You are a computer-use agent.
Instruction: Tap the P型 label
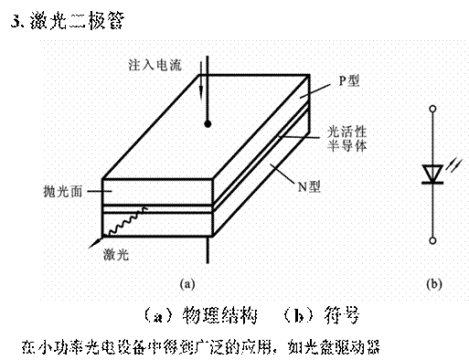(349, 81)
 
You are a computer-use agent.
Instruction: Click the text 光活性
(347, 133)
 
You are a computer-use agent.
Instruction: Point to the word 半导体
(347, 147)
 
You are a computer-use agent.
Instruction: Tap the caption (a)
(188, 283)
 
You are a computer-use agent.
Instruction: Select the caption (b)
(433, 283)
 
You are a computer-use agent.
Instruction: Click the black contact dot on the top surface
(208, 123)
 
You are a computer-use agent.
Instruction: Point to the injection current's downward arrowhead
(201, 92)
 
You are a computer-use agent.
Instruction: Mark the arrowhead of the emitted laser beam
(92, 246)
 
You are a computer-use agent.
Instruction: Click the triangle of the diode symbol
(432, 173)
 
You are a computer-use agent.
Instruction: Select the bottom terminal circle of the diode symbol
(432, 239)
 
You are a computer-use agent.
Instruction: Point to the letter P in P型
(343, 81)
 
